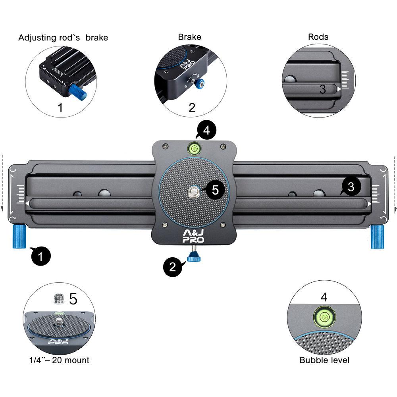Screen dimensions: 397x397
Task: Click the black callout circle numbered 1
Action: pyautogui.click(x=41, y=256)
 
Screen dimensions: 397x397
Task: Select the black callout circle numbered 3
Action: pyautogui.click(x=351, y=187)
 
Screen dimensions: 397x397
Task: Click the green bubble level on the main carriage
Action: pyautogui.click(x=195, y=148)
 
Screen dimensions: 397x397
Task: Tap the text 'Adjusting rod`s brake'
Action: pyautogui.click(x=63, y=38)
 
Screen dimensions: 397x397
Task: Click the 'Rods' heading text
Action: pyautogui.click(x=318, y=37)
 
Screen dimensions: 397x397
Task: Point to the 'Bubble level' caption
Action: pyautogui.click(x=324, y=360)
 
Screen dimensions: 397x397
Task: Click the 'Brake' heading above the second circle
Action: pyautogui.click(x=189, y=37)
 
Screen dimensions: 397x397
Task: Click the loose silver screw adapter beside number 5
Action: pyautogui.click(x=59, y=298)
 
